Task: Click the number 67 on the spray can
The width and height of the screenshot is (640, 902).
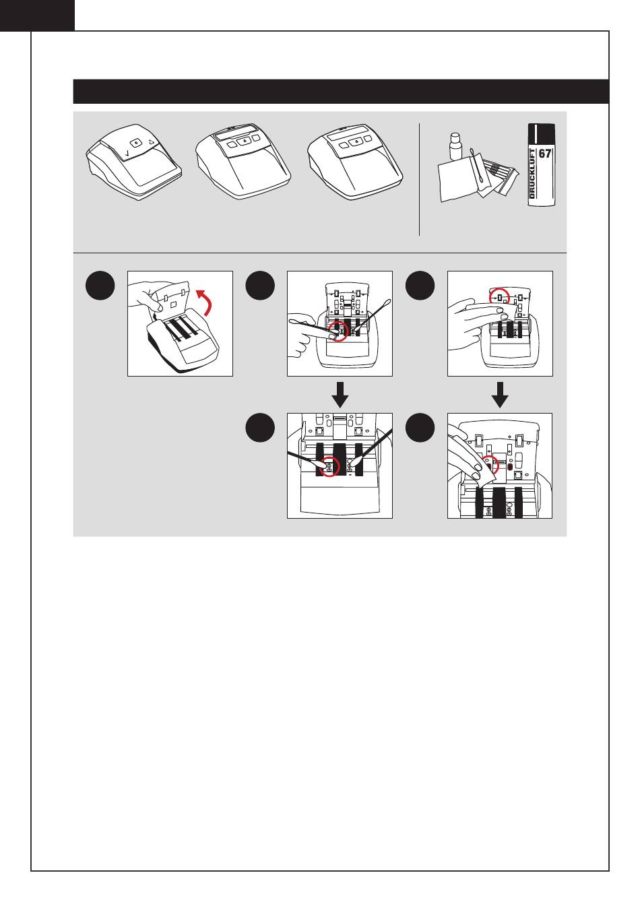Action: [x=544, y=154]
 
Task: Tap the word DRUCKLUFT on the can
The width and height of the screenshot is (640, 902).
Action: [x=532, y=174]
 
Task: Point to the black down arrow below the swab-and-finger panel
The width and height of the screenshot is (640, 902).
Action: [x=340, y=394]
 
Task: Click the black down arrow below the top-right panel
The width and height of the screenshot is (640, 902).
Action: [x=500, y=394]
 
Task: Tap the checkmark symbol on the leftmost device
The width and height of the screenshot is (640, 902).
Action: [x=127, y=153]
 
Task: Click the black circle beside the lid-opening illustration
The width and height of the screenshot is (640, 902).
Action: [x=100, y=285]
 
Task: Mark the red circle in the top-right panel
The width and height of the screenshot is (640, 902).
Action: [x=499, y=297]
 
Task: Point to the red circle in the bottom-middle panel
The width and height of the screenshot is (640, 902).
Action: [x=329, y=466]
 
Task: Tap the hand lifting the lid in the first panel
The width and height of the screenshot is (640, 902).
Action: [x=144, y=296]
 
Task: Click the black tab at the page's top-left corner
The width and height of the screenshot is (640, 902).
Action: [x=37, y=15]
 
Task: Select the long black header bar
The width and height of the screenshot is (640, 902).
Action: [x=340, y=92]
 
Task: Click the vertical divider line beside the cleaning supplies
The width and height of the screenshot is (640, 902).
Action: [x=419, y=179]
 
